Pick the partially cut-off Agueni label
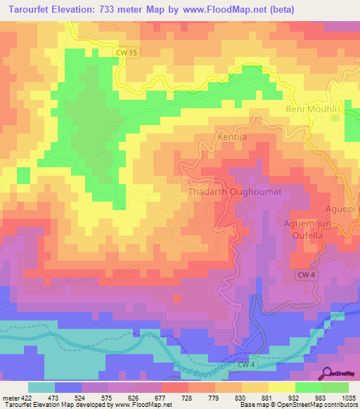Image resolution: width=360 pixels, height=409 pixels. click(343, 209)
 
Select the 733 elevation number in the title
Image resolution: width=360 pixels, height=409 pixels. click(109, 9)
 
